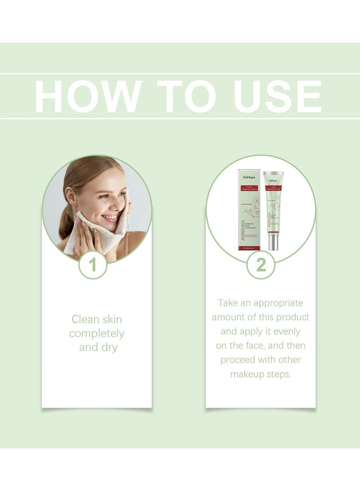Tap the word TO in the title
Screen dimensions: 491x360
point(180,96)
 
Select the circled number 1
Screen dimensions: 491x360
point(93,265)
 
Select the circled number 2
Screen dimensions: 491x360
point(261,265)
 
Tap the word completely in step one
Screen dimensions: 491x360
point(97,334)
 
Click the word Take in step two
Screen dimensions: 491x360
point(228,303)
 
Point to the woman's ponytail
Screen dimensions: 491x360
point(66,227)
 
